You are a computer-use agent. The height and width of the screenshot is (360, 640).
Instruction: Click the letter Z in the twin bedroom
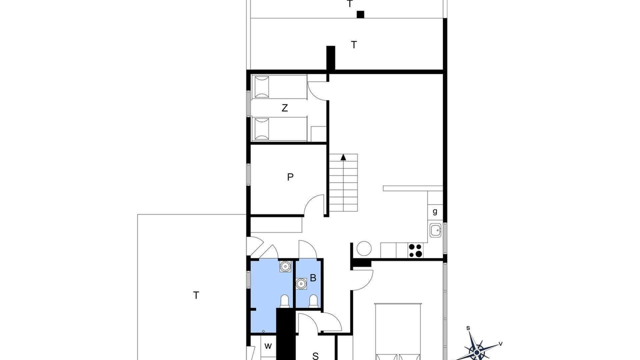[x=284, y=108]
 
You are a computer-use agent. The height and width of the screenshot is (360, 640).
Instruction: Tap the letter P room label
[x=290, y=177]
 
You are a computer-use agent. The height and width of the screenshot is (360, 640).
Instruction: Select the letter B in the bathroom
[x=313, y=277]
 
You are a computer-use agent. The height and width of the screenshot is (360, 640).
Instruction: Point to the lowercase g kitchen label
[x=435, y=211]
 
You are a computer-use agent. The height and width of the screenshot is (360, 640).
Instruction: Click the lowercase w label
[x=268, y=346]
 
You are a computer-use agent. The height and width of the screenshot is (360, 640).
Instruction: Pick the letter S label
[x=315, y=356]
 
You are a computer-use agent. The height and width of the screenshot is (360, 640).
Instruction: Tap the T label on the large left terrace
[x=196, y=295]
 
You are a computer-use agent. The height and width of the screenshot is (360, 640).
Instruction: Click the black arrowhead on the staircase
[x=343, y=157]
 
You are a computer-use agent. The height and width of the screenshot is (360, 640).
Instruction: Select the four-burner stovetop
[x=415, y=250]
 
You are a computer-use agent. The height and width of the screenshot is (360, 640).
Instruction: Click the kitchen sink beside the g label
[x=435, y=230]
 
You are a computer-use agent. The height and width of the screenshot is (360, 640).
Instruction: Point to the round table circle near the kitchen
[x=364, y=248]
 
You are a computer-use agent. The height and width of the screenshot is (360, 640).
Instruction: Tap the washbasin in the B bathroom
[x=301, y=283]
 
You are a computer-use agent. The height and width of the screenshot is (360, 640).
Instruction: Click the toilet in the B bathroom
[x=313, y=301]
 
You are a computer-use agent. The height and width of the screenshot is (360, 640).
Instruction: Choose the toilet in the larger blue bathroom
[x=284, y=301]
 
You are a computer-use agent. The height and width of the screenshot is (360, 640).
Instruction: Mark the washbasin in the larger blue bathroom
[x=285, y=266]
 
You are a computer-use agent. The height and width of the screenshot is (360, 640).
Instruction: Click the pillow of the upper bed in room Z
[x=261, y=87]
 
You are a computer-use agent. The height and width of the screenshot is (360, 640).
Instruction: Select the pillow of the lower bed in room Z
[x=261, y=129]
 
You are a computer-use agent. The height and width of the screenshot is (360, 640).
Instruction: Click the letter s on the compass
[x=468, y=328]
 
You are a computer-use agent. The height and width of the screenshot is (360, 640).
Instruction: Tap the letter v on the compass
[x=500, y=343]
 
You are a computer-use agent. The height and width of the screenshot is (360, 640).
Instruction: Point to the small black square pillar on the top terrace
[x=360, y=14]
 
